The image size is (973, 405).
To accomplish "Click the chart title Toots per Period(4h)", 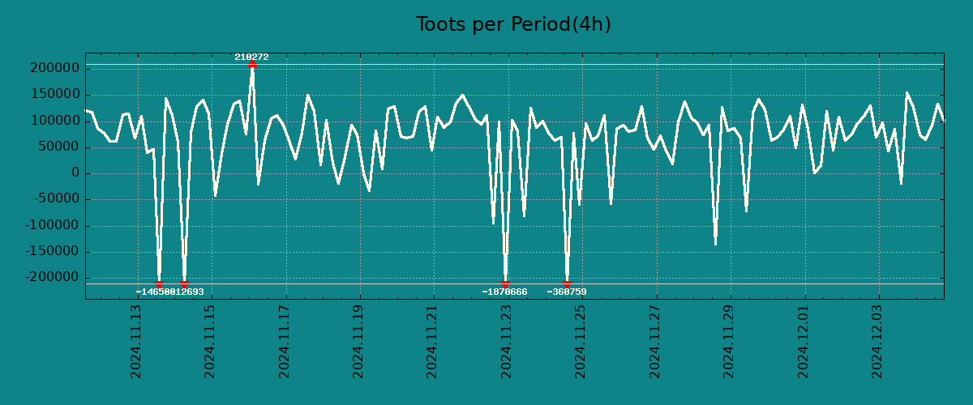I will coord(513,24).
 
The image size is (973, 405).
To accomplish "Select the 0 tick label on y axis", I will coord(75,173).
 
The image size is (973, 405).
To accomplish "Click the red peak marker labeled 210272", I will coord(252,63).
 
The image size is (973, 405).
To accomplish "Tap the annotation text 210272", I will coord(251,57).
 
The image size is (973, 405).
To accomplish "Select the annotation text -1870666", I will coord(504,292).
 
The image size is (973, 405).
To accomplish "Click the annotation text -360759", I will coord(567,292).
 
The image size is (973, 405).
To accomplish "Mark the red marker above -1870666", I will coord(505,283).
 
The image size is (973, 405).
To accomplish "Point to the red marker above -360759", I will coord(567,283).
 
